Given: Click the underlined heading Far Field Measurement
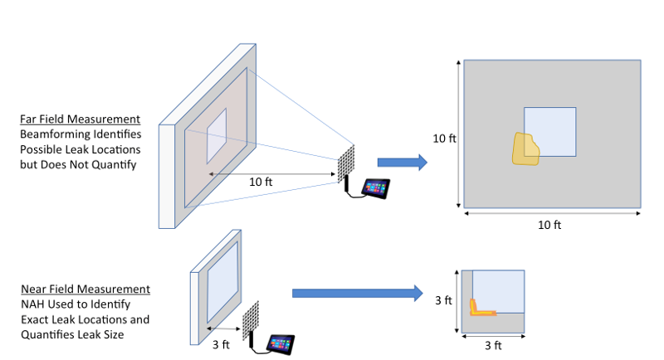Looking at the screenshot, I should [x=80, y=119].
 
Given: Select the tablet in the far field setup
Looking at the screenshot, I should [x=377, y=188].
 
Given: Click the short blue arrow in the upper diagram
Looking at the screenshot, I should [x=402, y=163].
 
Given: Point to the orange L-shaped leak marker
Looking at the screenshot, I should [x=481, y=309].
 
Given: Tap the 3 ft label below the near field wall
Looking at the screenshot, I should [x=221, y=343].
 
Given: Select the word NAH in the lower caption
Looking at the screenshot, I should [x=32, y=304].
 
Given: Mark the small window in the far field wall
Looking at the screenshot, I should [x=217, y=135].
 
